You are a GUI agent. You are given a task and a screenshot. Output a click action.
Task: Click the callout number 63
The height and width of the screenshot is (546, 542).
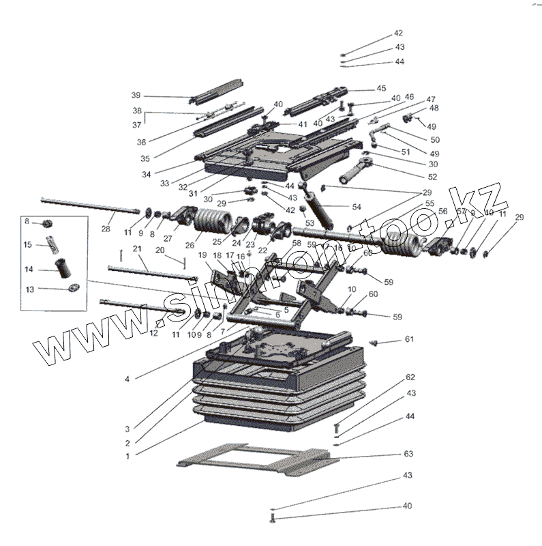coord(409,454)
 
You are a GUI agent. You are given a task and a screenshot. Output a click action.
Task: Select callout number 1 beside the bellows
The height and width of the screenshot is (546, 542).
coord(127,455)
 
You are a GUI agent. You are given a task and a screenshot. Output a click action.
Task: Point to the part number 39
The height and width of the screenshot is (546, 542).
coord(136,94)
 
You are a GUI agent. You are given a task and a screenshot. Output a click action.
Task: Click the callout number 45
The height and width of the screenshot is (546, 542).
coord(381,88)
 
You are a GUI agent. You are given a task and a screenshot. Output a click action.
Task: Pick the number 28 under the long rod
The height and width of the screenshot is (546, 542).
coord(106,229)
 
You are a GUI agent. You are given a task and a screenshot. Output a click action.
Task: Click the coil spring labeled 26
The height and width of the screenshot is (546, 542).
coord(213,222)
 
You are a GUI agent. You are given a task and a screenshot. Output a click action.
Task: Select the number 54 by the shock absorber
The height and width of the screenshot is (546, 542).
coord(356,206)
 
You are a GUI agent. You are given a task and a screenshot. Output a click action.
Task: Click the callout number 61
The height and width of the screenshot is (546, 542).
coord(409,339)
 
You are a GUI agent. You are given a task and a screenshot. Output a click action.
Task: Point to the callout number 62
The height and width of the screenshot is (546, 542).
coord(410,377)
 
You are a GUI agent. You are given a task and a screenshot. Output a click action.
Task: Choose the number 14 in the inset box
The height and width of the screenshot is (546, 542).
coord(28,270)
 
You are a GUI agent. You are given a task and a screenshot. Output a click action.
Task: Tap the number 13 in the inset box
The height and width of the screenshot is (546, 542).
coord(28,289)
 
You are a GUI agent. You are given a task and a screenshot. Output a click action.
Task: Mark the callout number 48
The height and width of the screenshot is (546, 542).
coord(434,108)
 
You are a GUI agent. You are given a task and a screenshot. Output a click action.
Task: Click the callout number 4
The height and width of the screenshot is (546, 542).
coord(127,377)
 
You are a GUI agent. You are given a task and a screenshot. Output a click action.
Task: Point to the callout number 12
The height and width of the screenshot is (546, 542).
coord(153,333)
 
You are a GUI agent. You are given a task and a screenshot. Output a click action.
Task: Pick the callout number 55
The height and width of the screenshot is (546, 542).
coord(430,203)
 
